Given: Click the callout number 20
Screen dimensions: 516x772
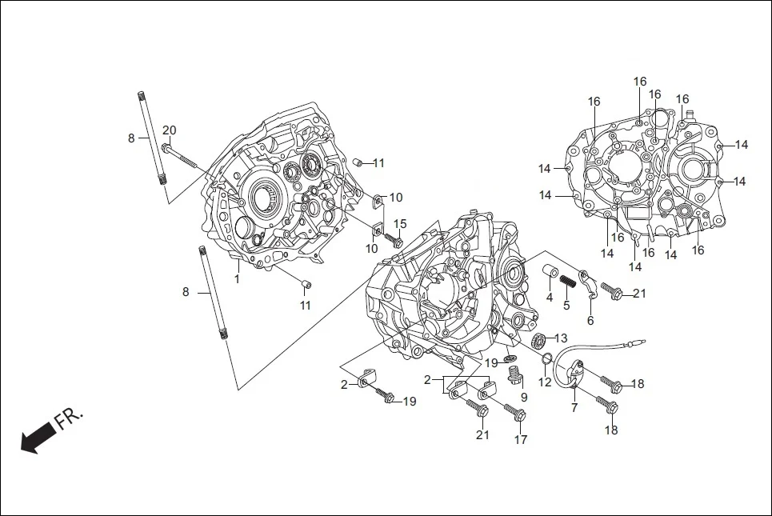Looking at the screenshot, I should tap(169, 131).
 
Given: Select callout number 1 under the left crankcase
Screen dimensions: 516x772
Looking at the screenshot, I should tap(237, 279).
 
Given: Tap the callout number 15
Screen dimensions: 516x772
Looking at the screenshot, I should tap(400, 224).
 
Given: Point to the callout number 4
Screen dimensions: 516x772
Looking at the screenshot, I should tap(550, 298).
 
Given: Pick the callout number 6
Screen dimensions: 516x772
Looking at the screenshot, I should tap(590, 321).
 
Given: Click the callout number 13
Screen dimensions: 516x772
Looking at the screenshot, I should tap(561, 338).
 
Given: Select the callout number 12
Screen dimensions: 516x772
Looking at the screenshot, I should tap(544, 382).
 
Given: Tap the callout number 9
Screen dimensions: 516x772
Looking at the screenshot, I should tap(524, 397).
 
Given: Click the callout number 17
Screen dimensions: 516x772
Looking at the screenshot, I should tap(521, 439).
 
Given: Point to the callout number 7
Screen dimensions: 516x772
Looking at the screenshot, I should tap(574, 408).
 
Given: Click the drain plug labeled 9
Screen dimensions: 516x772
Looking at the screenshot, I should tap(515, 374).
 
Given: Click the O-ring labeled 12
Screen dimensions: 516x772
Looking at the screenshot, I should tap(546, 358).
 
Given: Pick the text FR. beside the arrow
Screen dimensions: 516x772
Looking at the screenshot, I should tap(70, 418).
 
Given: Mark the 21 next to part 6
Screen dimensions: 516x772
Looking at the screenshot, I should tap(639, 294).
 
